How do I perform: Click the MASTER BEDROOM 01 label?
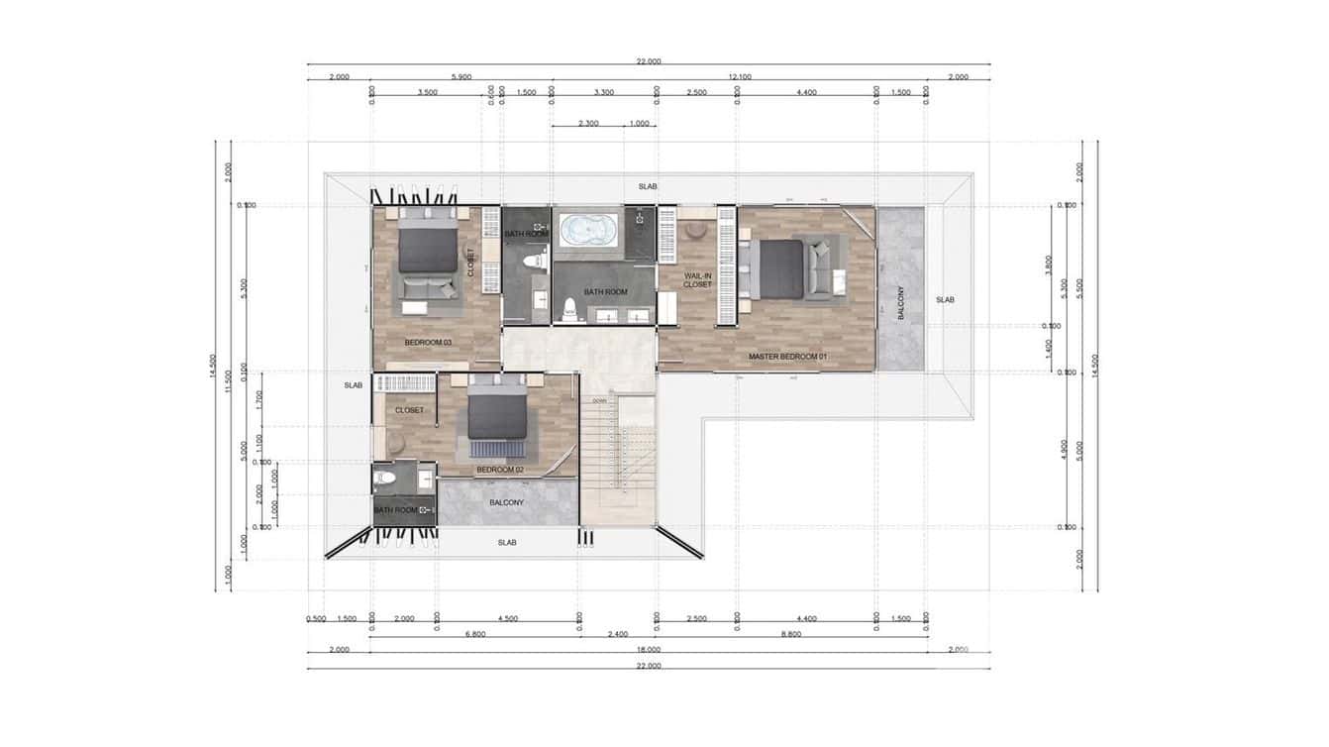pos(787,356)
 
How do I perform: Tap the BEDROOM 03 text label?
pos(428,342)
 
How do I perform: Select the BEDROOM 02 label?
pos(500,469)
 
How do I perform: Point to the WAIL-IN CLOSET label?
pos(698,279)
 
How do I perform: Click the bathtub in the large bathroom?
pos(588,231)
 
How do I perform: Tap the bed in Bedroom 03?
pos(428,248)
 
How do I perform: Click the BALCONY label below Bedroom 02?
pos(507,503)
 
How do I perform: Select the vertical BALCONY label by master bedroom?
pos(900,301)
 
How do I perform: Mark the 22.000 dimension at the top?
pos(649,61)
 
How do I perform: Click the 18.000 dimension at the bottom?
pos(649,650)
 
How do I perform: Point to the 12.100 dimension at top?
pos(739,77)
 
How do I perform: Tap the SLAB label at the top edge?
pos(648,186)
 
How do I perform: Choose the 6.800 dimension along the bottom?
pos(473,634)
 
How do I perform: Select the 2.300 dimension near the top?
pos(588,124)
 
